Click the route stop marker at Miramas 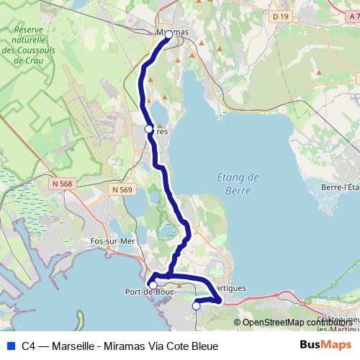coord(169,34)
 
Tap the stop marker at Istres coord(149,129)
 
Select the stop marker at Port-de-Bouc coord(153,285)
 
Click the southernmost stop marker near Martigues coord(196,306)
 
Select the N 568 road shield coord(62,184)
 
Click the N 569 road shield coord(122,189)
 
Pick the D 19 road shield coord(279,15)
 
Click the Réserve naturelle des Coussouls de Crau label coord(24,45)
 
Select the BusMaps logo coord(325,346)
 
